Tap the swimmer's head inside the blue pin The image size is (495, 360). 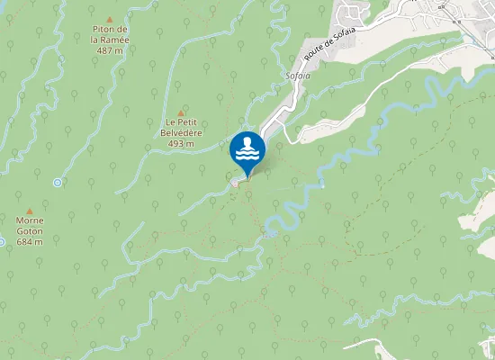pos(247,142)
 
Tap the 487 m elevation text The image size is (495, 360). pos(110,50)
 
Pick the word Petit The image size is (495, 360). pos(190,121)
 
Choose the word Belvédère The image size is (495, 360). pos(182,132)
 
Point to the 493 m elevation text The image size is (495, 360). pos(182,143)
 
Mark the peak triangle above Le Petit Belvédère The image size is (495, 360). pos(182,111)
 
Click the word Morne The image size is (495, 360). pos(30,220)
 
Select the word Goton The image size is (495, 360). pos(30,230)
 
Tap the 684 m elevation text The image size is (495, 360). pos(30,241)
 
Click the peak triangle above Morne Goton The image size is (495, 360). pos(30,209)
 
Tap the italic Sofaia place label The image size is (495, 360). pos(296,76)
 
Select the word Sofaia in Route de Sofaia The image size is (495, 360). pos(344,35)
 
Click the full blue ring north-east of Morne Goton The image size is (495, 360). pos(58,183)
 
